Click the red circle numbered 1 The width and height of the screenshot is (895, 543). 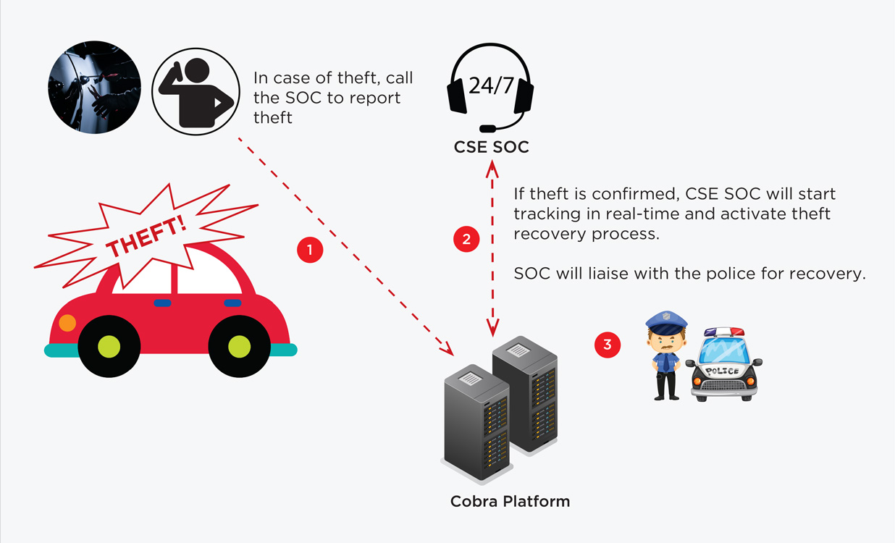pyautogui.click(x=310, y=250)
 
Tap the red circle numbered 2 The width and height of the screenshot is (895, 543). pyautogui.click(x=466, y=239)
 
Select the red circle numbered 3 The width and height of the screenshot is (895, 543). pyautogui.click(x=608, y=345)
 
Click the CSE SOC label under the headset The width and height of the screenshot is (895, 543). pyautogui.click(x=491, y=147)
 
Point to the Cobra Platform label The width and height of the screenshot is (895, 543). pyautogui.click(x=510, y=501)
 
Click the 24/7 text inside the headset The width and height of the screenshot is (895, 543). pyautogui.click(x=491, y=85)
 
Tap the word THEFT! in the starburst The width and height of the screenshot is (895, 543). pyautogui.click(x=146, y=237)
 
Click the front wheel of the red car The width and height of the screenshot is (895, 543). pyautogui.click(x=109, y=346)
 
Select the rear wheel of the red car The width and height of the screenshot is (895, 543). pyautogui.click(x=240, y=346)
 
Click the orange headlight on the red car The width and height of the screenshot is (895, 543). pyautogui.click(x=67, y=323)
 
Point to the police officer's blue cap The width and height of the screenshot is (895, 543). pyautogui.click(x=666, y=323)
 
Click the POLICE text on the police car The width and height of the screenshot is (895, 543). pyautogui.click(x=722, y=371)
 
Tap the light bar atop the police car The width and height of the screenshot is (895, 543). pyautogui.click(x=724, y=332)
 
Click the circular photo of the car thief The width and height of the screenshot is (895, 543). pyautogui.click(x=94, y=87)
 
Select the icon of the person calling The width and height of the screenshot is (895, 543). pyautogui.click(x=196, y=91)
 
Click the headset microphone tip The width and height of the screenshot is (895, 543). pyautogui.click(x=487, y=129)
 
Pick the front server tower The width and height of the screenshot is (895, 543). pyautogui.click(x=476, y=423)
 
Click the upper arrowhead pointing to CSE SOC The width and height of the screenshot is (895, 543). pyautogui.click(x=492, y=168)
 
